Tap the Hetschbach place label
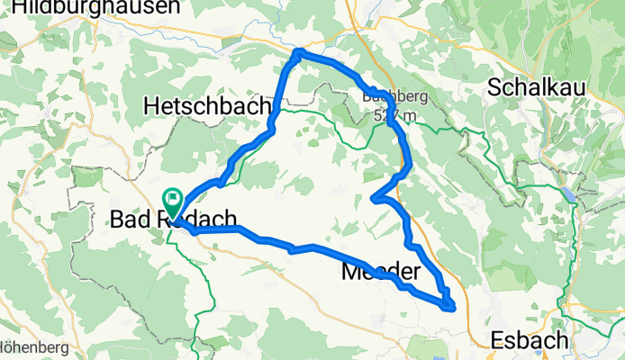206,106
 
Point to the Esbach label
530,340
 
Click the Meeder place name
381,272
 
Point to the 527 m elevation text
397,114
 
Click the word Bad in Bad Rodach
128,219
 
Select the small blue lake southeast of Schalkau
571,193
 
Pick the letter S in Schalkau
494,87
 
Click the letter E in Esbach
497,340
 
